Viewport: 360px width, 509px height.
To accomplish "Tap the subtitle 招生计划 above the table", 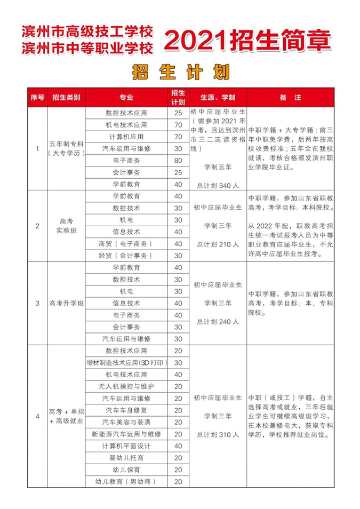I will pyautogui.click(x=180, y=72).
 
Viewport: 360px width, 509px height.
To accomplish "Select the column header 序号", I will pyautogui.click(x=37, y=98).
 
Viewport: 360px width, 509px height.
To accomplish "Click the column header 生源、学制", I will pyautogui.click(x=217, y=98).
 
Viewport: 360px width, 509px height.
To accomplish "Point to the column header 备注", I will pyautogui.click(x=290, y=98).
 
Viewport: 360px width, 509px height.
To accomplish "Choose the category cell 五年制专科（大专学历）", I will pyautogui.click(x=67, y=148).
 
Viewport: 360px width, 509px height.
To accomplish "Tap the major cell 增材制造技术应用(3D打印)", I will pyautogui.click(x=126, y=363).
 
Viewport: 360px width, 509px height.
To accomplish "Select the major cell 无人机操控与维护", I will pyautogui.click(x=126, y=386).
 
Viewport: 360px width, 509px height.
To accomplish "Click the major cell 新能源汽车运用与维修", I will pyautogui.click(x=126, y=434).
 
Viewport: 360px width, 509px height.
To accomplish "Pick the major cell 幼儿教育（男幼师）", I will pyautogui.click(x=126, y=481).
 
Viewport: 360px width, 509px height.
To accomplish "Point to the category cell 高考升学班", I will pyautogui.click(x=67, y=303).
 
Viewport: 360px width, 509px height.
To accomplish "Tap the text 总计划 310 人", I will pyautogui.click(x=217, y=435).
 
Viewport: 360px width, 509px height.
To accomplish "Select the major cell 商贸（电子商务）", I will pyautogui.click(x=126, y=243).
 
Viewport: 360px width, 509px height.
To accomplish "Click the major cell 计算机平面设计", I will pyautogui.click(x=126, y=446).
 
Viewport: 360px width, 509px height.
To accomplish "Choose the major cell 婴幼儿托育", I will pyautogui.click(x=126, y=458).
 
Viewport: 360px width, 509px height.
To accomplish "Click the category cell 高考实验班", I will pyautogui.click(x=67, y=226).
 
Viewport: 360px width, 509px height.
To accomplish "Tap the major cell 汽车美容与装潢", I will pyautogui.click(x=126, y=422).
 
